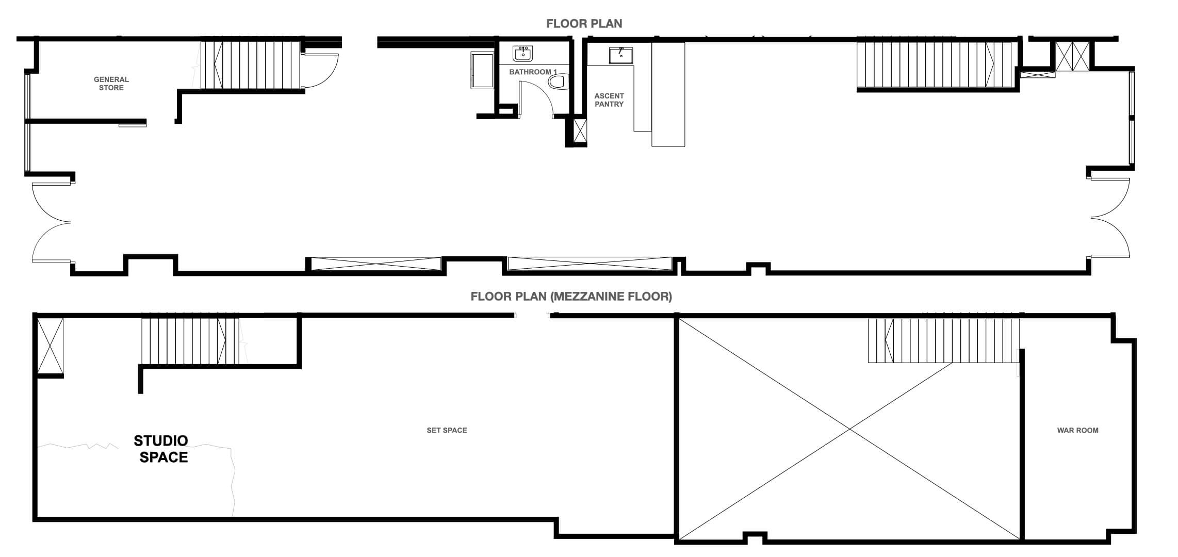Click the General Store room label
click(x=111, y=84)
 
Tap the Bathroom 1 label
click(x=533, y=72)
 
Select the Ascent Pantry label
click(x=609, y=100)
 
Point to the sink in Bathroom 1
click(x=523, y=53)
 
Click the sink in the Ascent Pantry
click(x=621, y=55)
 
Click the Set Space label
click(x=447, y=430)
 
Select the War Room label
click(x=1077, y=430)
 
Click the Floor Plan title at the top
click(x=584, y=24)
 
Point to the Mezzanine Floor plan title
click(x=571, y=297)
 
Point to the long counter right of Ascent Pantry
click(x=668, y=94)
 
